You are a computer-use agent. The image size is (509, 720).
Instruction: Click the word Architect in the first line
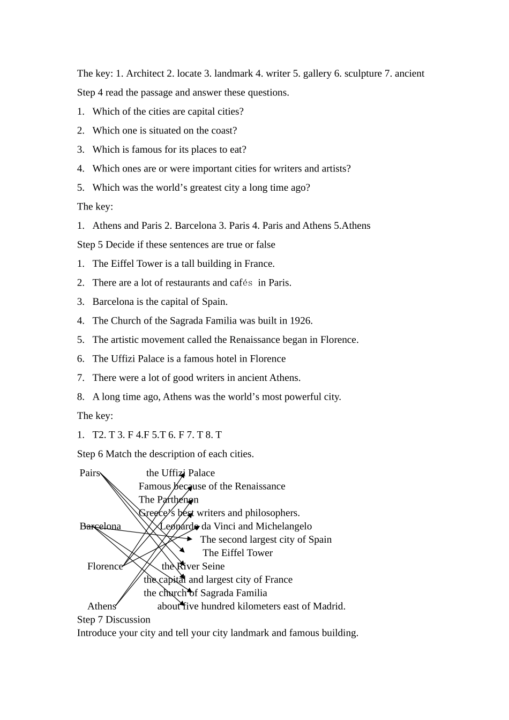145,73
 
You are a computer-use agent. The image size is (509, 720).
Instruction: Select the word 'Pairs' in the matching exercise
89,473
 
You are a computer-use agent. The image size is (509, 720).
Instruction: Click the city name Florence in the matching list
105,566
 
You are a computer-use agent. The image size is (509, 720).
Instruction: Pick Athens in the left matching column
102,606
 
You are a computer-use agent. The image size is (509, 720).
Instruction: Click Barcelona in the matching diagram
100,526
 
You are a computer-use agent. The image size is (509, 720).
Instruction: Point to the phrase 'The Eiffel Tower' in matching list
237,553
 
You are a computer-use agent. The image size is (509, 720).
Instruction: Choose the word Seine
212,566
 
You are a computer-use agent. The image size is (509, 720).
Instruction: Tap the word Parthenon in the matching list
177,500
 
